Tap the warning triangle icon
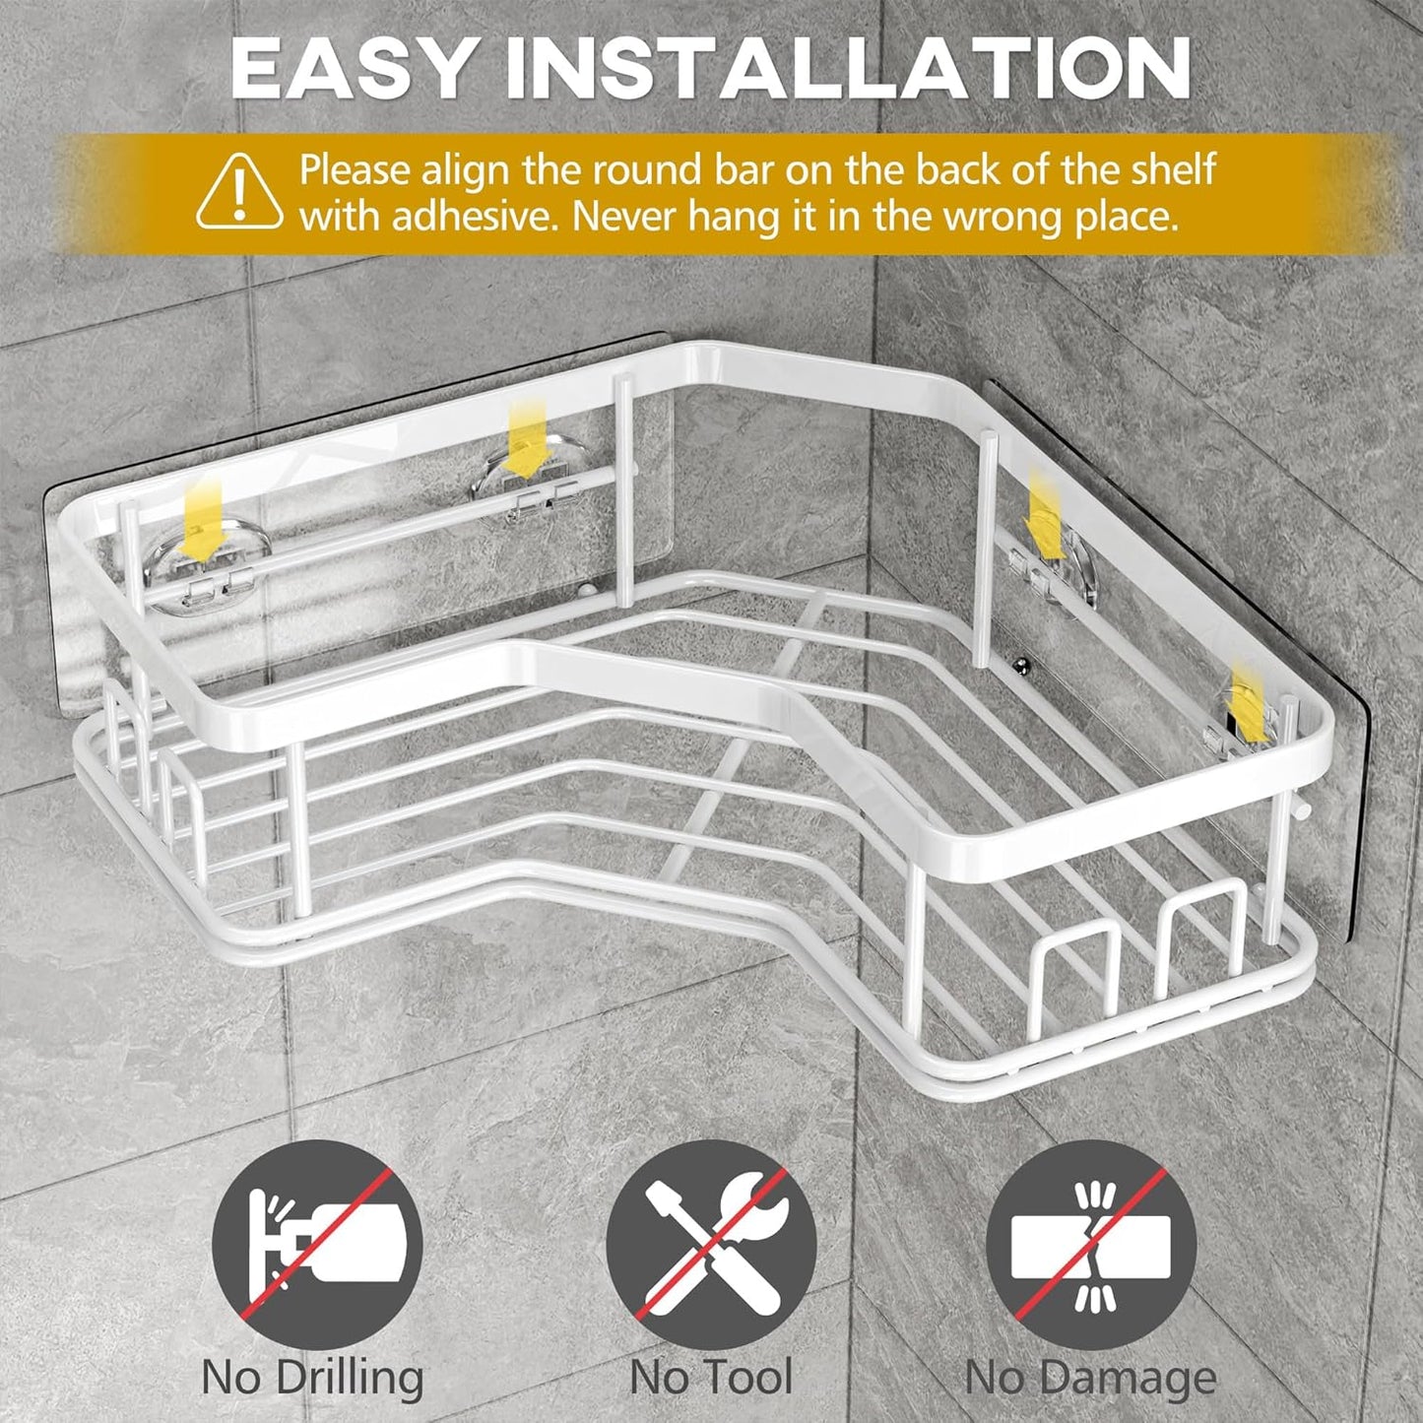coord(239,191)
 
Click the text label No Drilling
coord(313,1378)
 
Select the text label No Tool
coord(711,1378)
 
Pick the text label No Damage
coord(1091,1378)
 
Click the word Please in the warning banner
coord(355,170)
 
